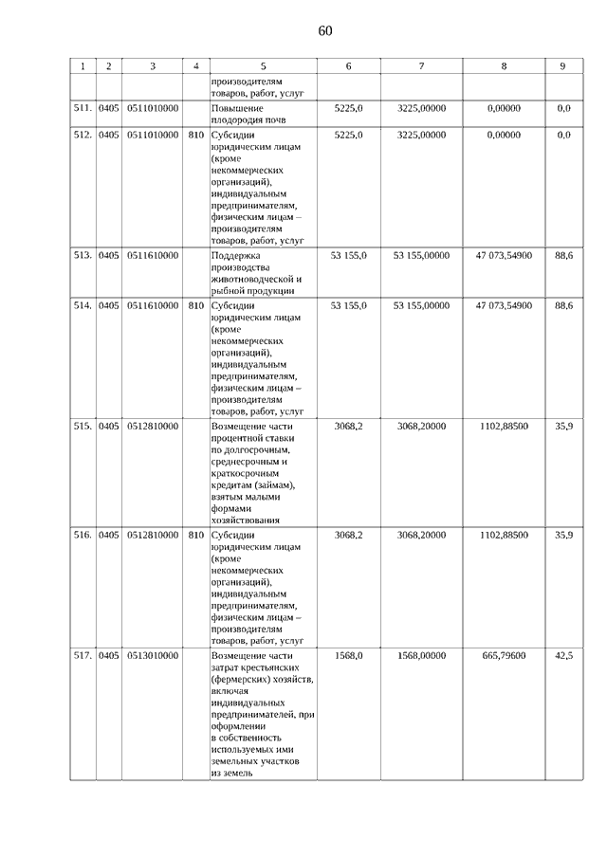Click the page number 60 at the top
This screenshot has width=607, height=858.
pyautogui.click(x=325, y=31)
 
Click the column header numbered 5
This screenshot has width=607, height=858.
pyautogui.click(x=263, y=66)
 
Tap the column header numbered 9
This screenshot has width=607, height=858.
pyautogui.click(x=562, y=66)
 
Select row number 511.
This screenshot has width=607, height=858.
pyautogui.click(x=83, y=109)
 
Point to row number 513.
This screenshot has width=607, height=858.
pyautogui.click(x=83, y=255)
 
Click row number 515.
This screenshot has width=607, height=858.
pyautogui.click(x=83, y=427)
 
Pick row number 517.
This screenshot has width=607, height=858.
pyautogui.click(x=83, y=655)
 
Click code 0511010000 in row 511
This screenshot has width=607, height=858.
pyautogui.click(x=152, y=109)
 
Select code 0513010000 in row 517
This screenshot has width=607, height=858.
pyautogui.click(x=152, y=655)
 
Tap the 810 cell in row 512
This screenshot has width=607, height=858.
pyautogui.click(x=195, y=135)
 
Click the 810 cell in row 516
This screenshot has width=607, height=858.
pyautogui.click(x=195, y=535)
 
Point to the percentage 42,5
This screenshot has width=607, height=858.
pyautogui.click(x=563, y=655)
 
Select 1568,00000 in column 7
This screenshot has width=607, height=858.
pyautogui.click(x=421, y=655)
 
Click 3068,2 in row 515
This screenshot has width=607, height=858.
pyautogui.click(x=349, y=427)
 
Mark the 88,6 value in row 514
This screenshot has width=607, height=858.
pyautogui.click(x=563, y=305)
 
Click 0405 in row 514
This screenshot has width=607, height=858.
pyautogui.click(x=109, y=305)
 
